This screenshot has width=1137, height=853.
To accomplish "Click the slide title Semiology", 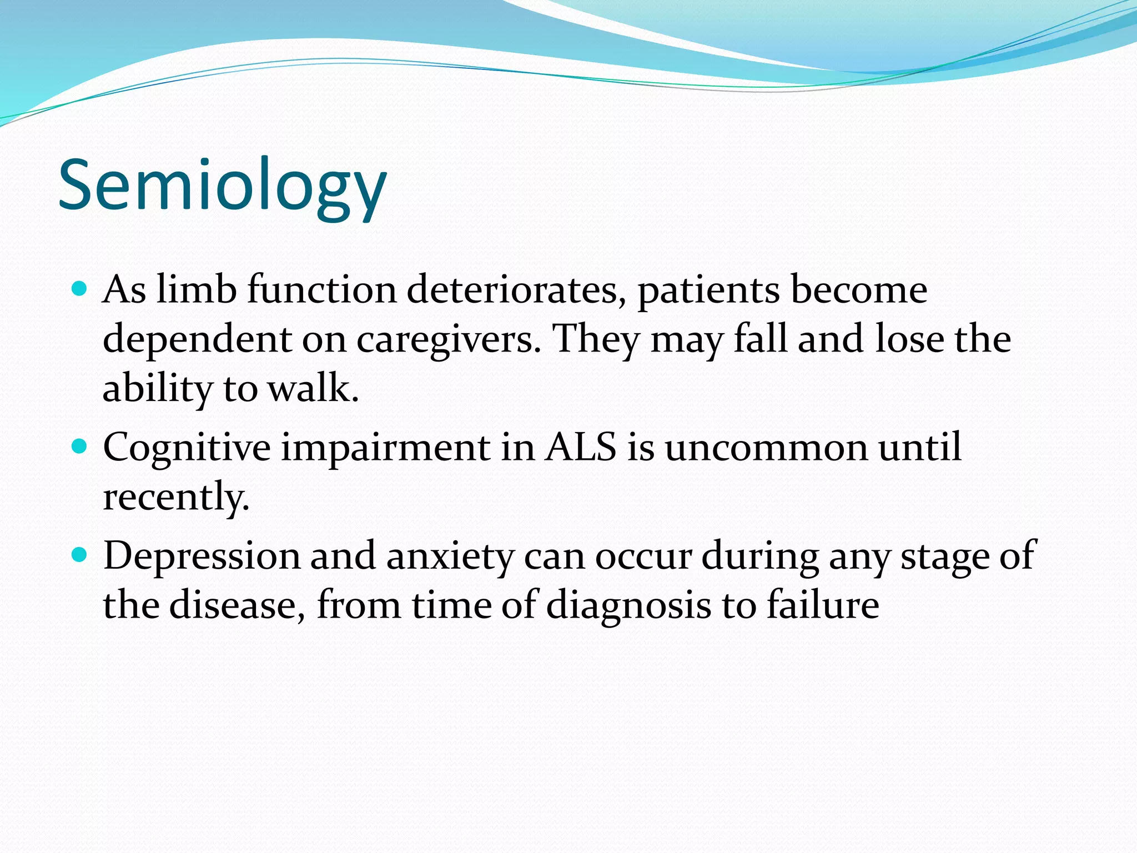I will point(222,186).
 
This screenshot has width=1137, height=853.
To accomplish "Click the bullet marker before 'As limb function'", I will point(81,288).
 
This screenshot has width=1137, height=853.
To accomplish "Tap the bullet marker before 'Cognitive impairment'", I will point(81,446).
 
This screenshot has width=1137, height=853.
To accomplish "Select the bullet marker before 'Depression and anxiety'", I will point(81,554).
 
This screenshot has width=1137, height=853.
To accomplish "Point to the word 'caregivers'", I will point(447,339).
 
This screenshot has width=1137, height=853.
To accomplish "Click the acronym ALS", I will point(580,447).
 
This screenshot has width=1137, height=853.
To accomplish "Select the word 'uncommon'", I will point(766,447).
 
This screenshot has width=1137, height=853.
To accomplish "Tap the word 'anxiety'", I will point(450,556).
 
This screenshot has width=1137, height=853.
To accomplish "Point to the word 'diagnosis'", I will point(628,605).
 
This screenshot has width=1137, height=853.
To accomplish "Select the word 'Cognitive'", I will point(187,448).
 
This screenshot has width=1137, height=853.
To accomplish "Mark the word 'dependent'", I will point(197,340).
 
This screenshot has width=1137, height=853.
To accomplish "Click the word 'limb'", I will point(196,290).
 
